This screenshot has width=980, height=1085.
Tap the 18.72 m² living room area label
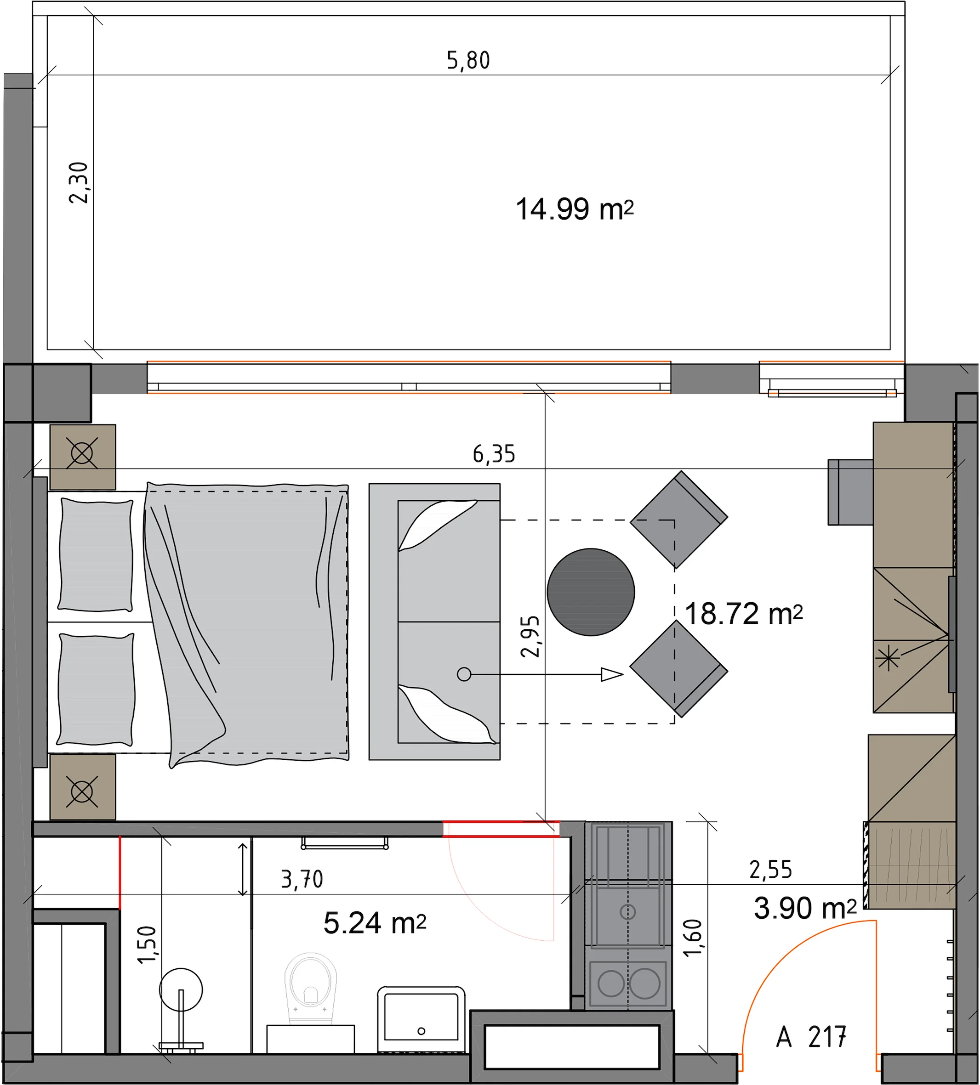coord(744,614)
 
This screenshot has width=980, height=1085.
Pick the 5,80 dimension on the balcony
coord(468,60)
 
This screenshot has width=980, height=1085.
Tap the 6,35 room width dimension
coord(494,454)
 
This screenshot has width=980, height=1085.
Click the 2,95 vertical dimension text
coord(530,637)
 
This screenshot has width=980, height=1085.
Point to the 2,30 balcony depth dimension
coord(79,182)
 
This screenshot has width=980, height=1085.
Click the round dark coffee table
coord(591,592)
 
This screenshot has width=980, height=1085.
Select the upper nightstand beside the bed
coord(82,457)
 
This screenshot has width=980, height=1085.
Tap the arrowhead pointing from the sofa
coord(612,674)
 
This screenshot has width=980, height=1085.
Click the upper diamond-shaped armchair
coord(678,520)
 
